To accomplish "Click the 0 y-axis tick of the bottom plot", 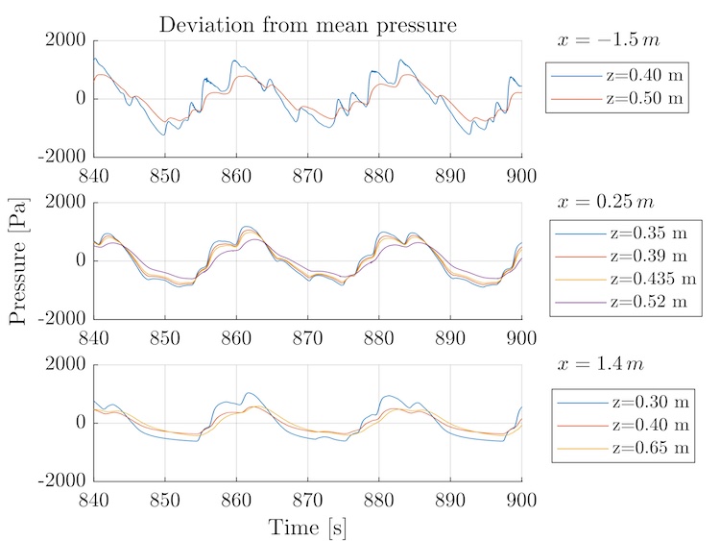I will [x=80, y=423].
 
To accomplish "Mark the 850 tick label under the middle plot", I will [x=165, y=336].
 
